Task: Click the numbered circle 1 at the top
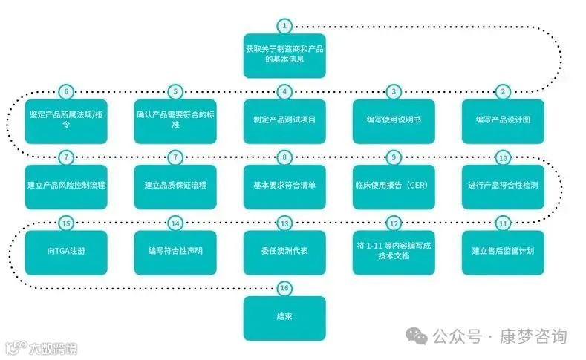(x=284, y=26)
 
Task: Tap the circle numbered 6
(x=66, y=92)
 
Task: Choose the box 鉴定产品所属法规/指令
(x=66, y=121)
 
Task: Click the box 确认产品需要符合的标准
(x=175, y=121)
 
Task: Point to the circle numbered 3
(x=394, y=92)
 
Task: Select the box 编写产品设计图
(x=503, y=121)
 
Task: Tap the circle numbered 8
(x=284, y=157)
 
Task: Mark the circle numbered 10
(x=503, y=157)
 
